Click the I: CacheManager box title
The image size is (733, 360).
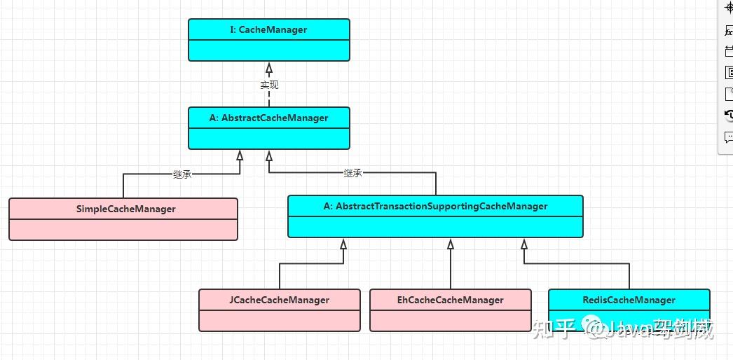click(x=268, y=29)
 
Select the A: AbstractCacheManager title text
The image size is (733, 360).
click(x=268, y=118)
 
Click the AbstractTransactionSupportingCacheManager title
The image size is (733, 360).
click(x=435, y=206)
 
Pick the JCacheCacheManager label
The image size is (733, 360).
click(x=279, y=300)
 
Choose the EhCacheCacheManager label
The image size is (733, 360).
click(x=450, y=300)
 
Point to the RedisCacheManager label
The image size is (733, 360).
click(x=629, y=300)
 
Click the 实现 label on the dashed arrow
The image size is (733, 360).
click(x=269, y=85)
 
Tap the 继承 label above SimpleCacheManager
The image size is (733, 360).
click(x=182, y=174)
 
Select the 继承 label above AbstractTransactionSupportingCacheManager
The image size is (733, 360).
click(x=353, y=173)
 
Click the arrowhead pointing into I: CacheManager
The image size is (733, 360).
click(x=269, y=68)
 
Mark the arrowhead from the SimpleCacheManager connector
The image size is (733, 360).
click(x=240, y=155)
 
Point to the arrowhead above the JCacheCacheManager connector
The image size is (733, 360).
click(x=343, y=244)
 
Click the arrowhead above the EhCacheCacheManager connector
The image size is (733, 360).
click(x=451, y=244)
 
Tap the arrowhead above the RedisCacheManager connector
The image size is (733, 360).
click(x=523, y=244)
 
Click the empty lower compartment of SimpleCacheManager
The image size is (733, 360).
click(x=123, y=229)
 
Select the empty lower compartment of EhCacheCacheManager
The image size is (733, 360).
click(x=450, y=319)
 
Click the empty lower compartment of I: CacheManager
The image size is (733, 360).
click(x=268, y=50)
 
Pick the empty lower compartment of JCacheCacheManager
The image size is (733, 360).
click(x=279, y=319)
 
